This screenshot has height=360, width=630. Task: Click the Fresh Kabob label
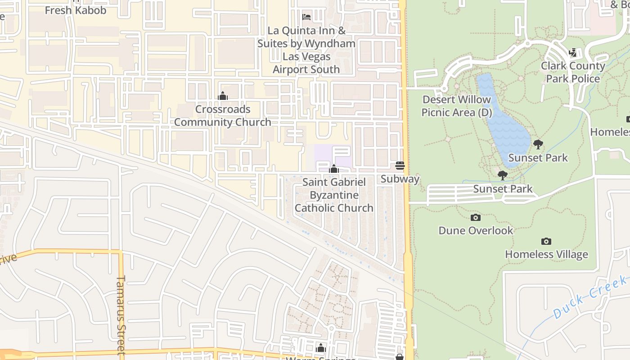[x=76, y=10]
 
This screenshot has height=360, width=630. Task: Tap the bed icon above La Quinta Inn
[x=306, y=17]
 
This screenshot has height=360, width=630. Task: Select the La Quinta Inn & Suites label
[x=306, y=50]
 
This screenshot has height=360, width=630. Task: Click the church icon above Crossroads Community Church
[x=222, y=96]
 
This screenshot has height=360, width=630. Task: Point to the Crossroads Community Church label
[x=222, y=116]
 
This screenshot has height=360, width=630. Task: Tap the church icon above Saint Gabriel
[x=334, y=169]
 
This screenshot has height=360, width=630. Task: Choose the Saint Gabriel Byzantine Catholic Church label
[x=334, y=195]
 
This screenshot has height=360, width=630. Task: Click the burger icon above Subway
[x=400, y=166]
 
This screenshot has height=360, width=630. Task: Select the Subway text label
[x=400, y=179]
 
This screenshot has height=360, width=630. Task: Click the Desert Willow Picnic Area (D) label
[x=457, y=106]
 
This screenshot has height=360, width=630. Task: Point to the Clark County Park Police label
[x=573, y=72]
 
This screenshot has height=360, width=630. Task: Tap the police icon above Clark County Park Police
[x=572, y=53]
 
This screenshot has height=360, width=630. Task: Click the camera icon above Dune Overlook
[x=475, y=218]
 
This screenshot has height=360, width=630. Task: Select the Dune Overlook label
[x=476, y=230]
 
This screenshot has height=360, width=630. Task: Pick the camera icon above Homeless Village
[x=546, y=242]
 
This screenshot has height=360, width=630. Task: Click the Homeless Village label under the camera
[x=546, y=254]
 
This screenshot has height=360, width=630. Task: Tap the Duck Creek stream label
[x=589, y=297]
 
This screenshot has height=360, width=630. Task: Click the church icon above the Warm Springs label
[x=321, y=348]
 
